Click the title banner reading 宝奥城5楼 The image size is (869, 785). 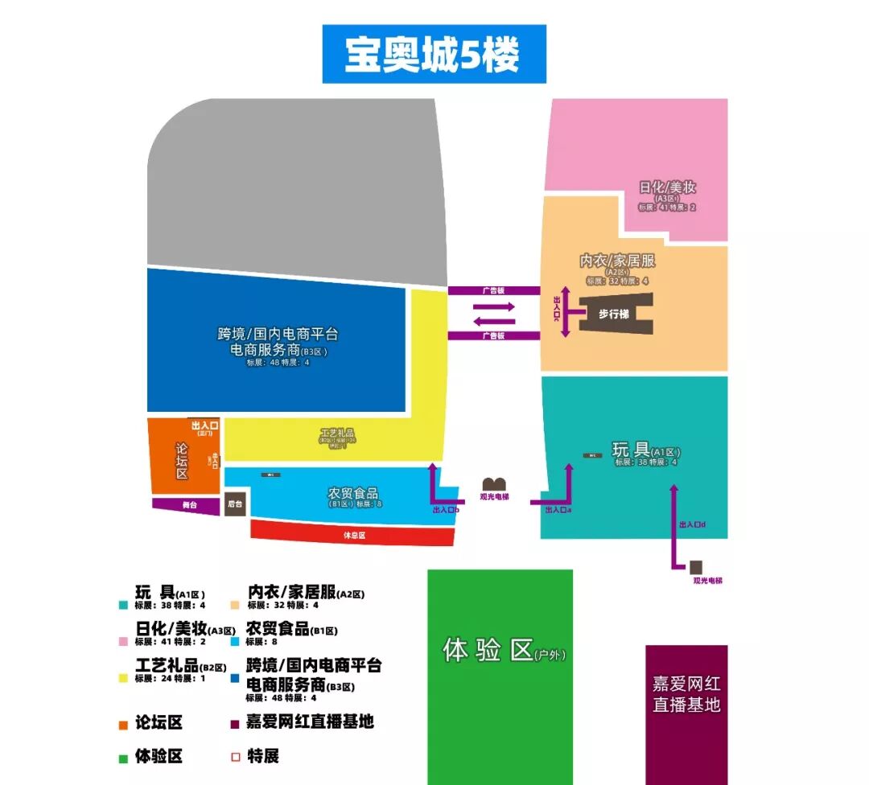(x=434, y=54)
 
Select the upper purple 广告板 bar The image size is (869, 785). (x=493, y=290)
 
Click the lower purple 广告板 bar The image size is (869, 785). (x=493, y=335)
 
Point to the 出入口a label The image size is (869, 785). (x=558, y=510)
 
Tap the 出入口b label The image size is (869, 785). (x=445, y=510)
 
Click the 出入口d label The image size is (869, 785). (x=692, y=524)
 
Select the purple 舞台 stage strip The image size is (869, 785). (x=187, y=505)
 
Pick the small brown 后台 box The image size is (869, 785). (x=235, y=504)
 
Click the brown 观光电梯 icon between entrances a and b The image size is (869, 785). (x=493, y=483)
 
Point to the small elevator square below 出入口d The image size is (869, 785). (x=695, y=567)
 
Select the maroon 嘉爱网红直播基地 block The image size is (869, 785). (x=686, y=696)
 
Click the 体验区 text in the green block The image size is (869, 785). (x=488, y=650)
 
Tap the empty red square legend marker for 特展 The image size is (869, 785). (x=236, y=757)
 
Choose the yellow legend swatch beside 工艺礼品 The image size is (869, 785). (x=123, y=678)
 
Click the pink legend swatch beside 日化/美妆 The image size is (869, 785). (x=123, y=642)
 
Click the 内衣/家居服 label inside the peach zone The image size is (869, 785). (x=617, y=261)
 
